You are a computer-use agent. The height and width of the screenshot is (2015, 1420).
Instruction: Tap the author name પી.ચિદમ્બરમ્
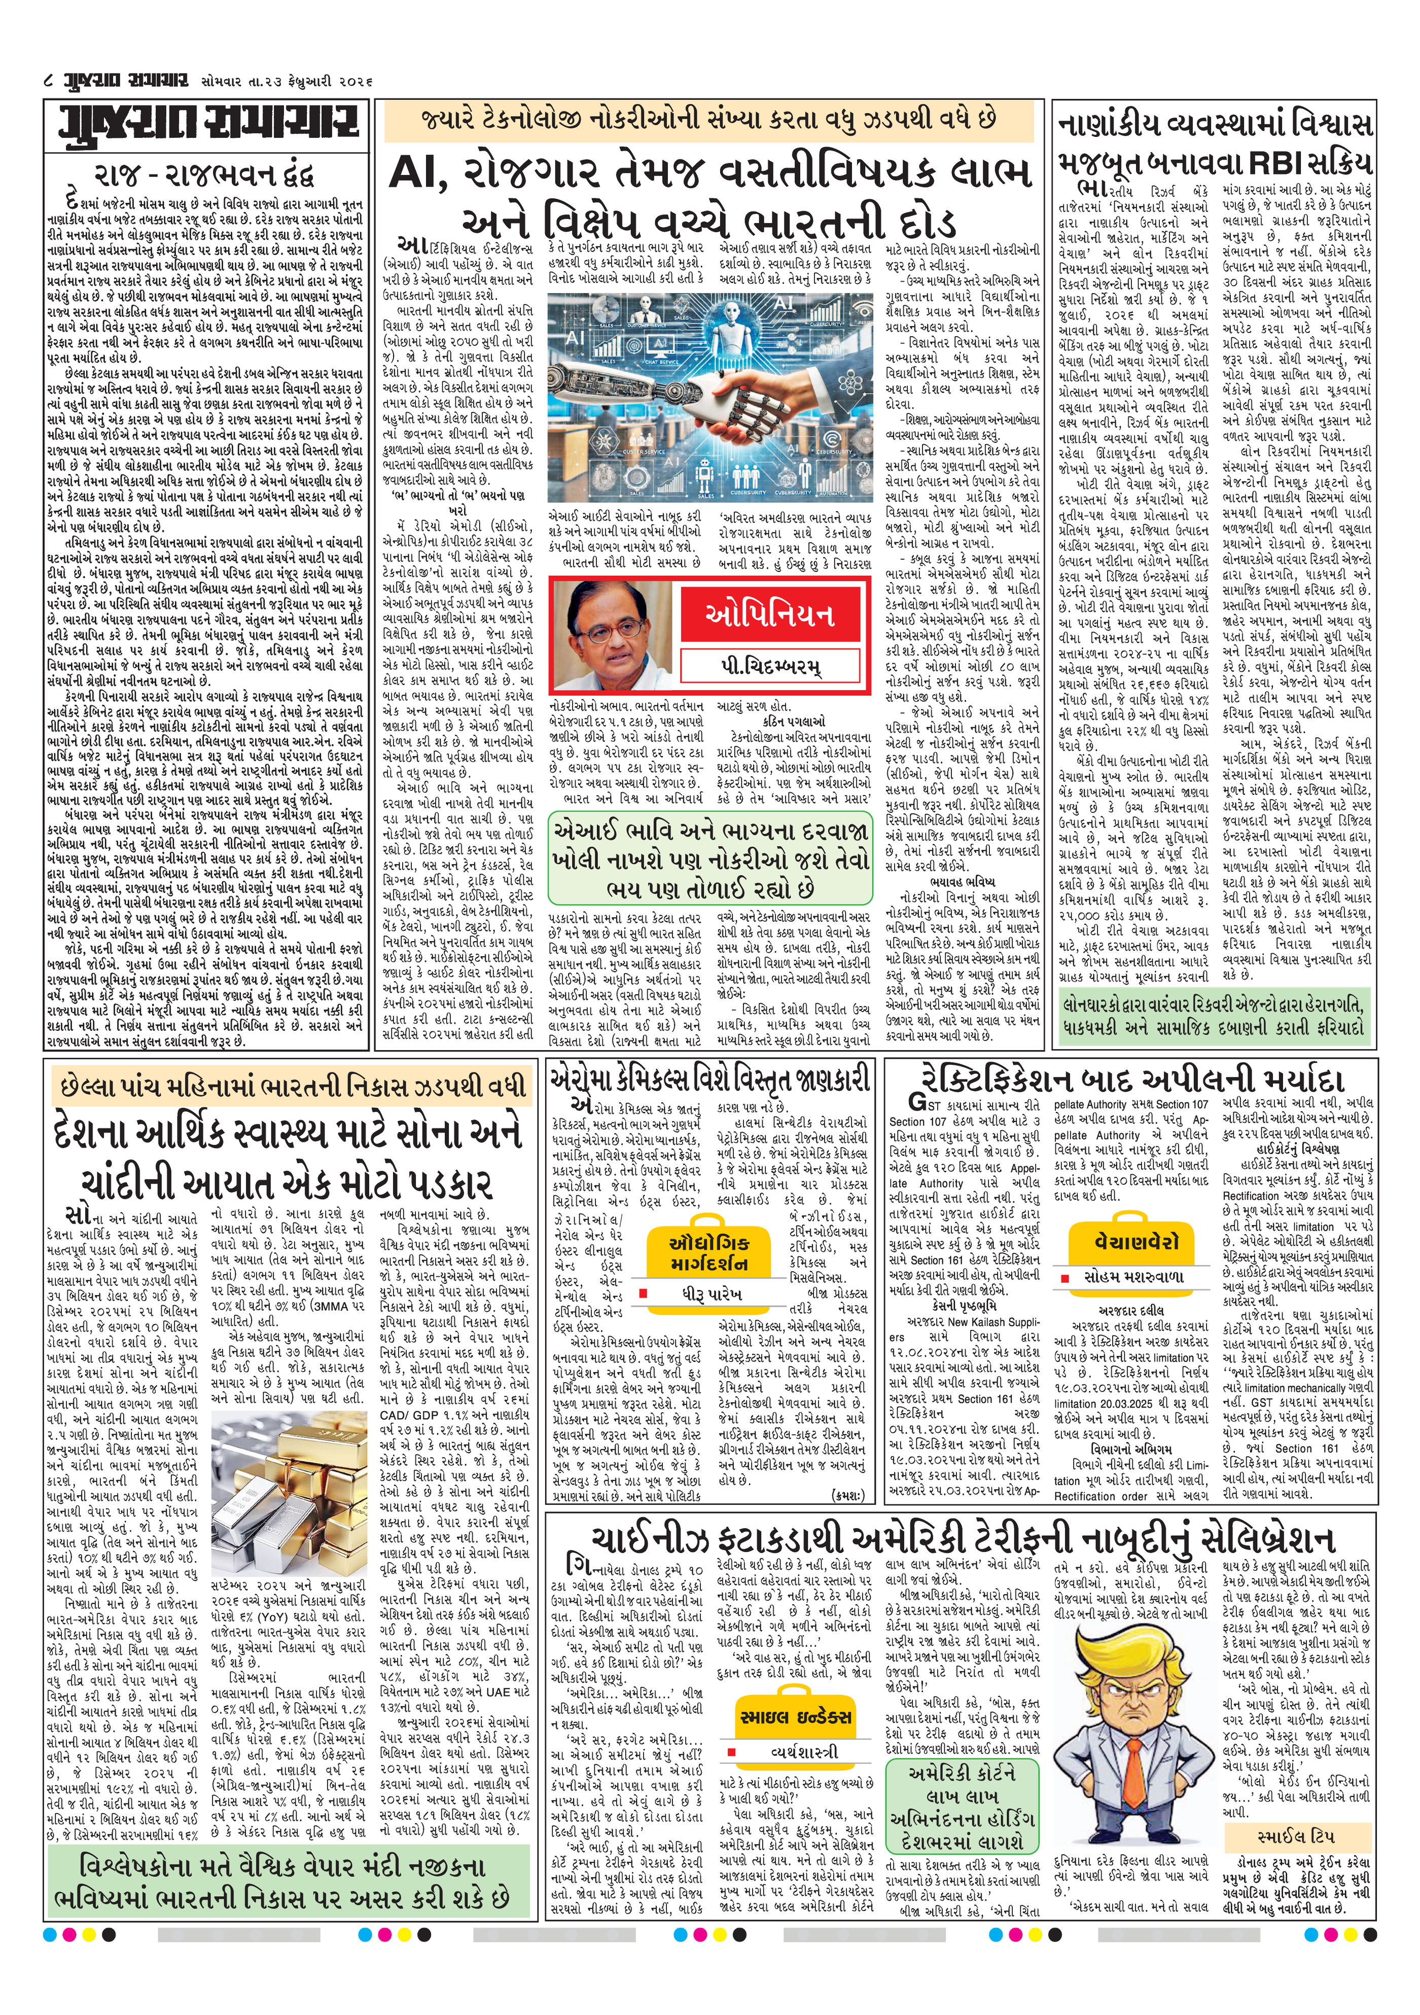coord(770,666)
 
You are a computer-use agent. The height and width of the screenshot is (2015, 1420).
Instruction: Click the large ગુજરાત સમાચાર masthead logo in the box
coord(206,126)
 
